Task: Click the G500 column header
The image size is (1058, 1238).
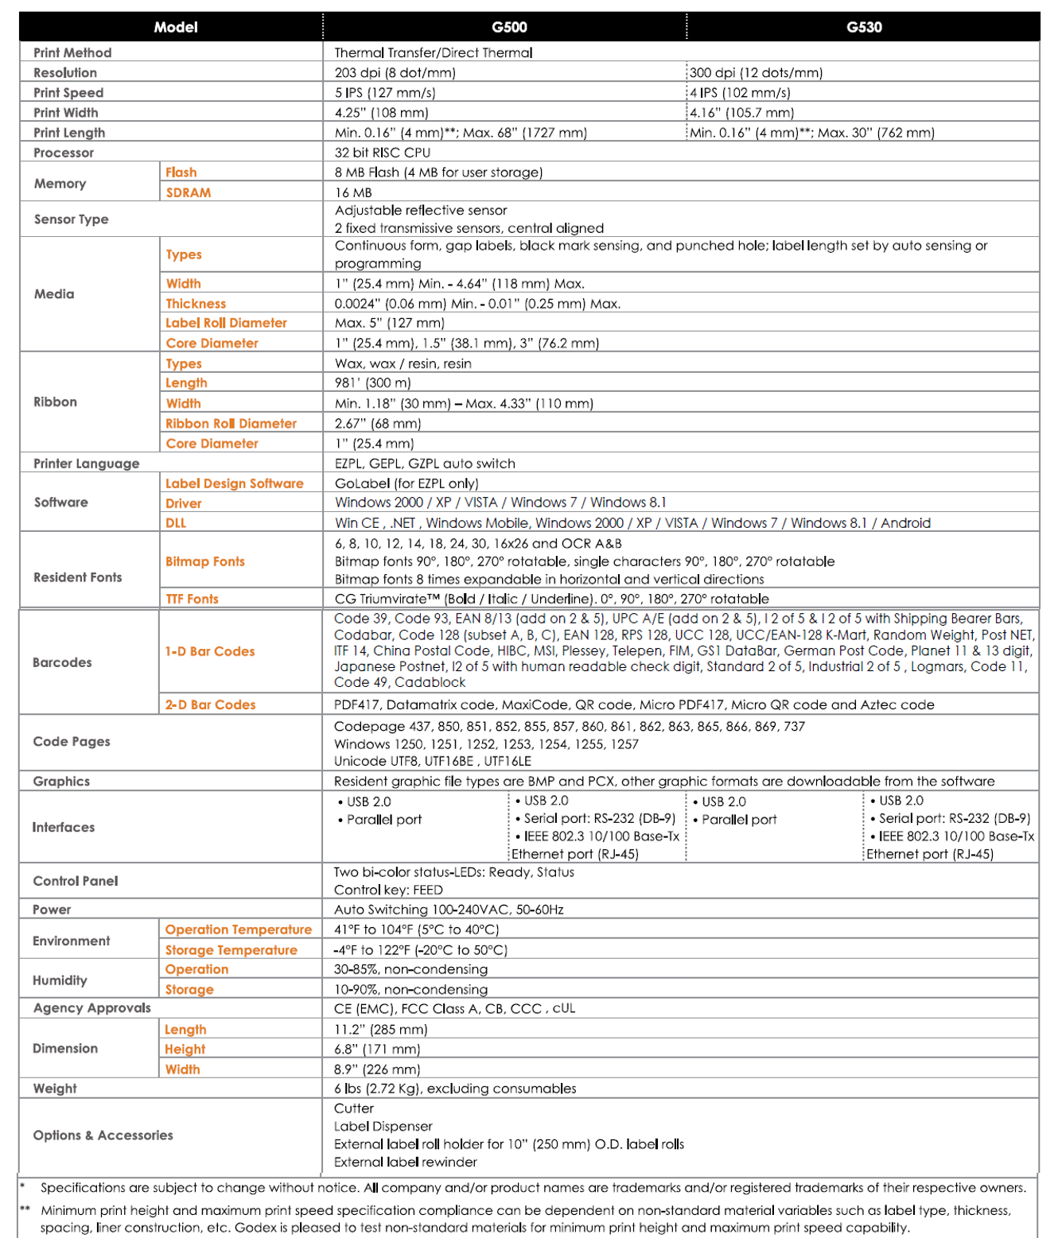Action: [509, 27]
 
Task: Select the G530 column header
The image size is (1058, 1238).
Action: [864, 27]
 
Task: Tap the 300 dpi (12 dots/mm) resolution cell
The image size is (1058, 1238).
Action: [756, 73]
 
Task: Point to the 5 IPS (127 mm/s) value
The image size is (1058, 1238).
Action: [385, 93]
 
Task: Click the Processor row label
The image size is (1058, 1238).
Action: [64, 153]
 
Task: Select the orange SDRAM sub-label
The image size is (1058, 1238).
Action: [189, 192]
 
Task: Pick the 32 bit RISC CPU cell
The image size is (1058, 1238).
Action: [383, 153]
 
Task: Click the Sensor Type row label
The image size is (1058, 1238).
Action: [71, 219]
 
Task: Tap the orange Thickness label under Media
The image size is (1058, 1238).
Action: [196, 304]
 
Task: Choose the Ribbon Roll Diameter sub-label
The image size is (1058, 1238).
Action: [231, 424]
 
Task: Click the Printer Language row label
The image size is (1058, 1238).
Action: [86, 464]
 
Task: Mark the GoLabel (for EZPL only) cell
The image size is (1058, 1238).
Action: [406, 483]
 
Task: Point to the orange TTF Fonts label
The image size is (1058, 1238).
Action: [192, 599]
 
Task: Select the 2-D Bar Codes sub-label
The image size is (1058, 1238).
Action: [210, 704]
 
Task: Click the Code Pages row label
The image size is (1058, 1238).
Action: [72, 742]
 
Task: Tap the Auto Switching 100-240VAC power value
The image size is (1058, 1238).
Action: [449, 910]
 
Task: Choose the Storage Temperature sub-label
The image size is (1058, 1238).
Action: [231, 950]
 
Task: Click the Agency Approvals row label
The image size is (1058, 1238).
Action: [91, 1008]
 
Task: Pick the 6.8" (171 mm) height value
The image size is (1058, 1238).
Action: [377, 1050]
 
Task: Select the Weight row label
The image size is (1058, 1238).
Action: [55, 1089]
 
